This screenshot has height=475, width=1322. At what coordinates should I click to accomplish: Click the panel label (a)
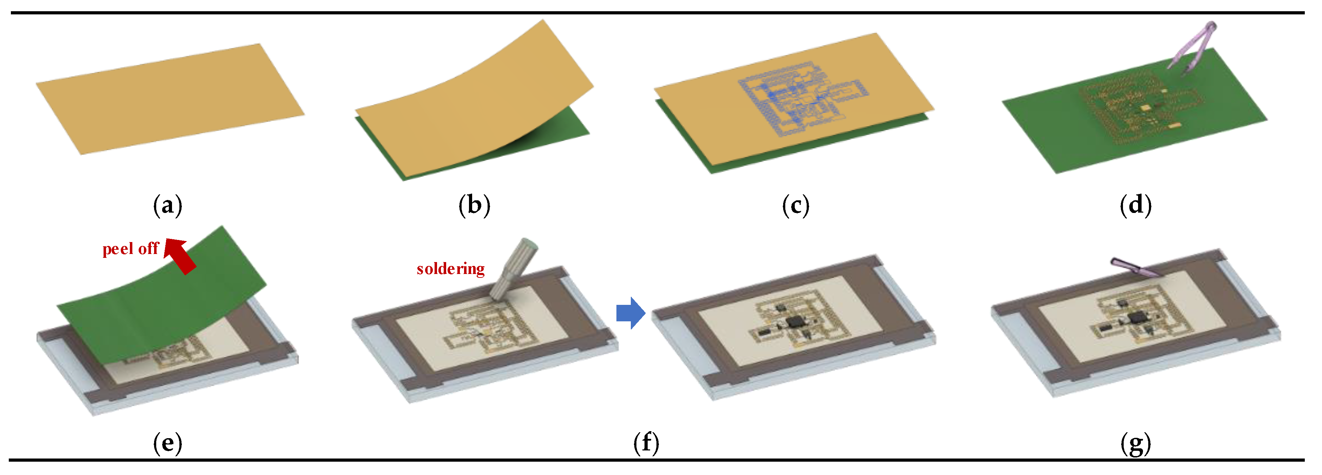pyautogui.click(x=167, y=205)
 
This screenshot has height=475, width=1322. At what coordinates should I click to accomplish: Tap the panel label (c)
pyautogui.click(x=795, y=205)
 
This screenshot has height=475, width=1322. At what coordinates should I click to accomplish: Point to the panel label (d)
pyautogui.click(x=1136, y=205)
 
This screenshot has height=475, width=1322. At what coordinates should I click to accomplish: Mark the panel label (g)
pyautogui.click(x=1136, y=443)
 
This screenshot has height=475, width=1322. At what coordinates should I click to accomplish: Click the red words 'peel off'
pyautogui.click(x=130, y=249)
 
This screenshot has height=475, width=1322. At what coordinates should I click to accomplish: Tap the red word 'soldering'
pyautogui.click(x=450, y=269)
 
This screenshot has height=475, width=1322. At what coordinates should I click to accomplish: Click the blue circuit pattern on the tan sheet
pyautogui.click(x=801, y=100)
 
